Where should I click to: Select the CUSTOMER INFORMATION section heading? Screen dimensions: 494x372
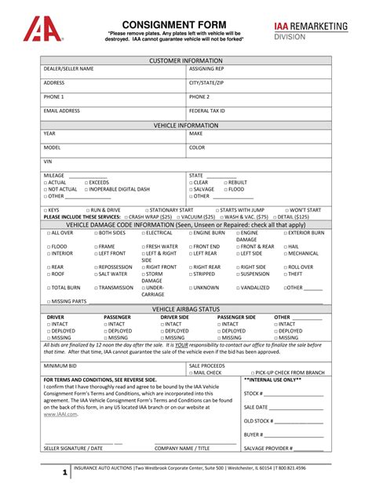tap(186, 60)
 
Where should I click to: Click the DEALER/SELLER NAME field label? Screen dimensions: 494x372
tap(69, 69)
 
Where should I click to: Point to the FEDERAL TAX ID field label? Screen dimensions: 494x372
tap(207, 111)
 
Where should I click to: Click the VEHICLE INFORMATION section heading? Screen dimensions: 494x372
tap(186, 125)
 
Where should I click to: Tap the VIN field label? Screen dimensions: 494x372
tap(48, 162)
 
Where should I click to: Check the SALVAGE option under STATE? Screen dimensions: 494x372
tap(202, 189)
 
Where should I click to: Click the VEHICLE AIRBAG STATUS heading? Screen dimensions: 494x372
tap(186, 309)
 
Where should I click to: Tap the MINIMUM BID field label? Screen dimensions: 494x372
tap(60, 365)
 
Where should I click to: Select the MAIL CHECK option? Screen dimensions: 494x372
tap(206, 372)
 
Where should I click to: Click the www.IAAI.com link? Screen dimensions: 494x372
tap(60, 414)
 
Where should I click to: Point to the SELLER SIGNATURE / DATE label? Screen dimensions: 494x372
tap(73, 448)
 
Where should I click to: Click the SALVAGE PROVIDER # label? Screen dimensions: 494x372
tap(268, 448)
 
